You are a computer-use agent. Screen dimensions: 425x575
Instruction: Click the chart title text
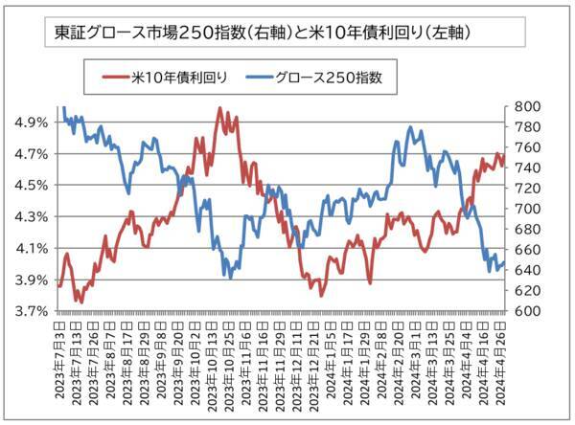(x=262, y=32)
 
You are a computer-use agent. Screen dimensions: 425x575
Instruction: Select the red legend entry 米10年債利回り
(x=168, y=78)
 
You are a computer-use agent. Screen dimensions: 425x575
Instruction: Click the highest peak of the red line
(x=220, y=108)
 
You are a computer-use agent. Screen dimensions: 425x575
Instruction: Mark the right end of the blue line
(x=504, y=264)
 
